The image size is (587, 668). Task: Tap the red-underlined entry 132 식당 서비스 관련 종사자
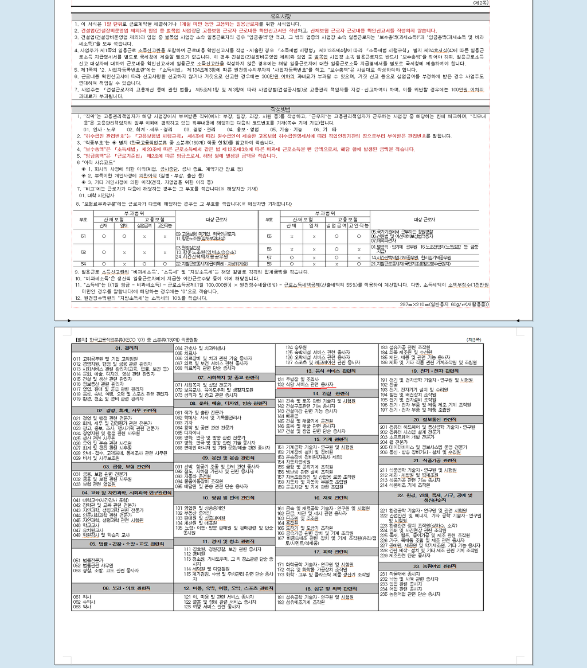click(x=306, y=385)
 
